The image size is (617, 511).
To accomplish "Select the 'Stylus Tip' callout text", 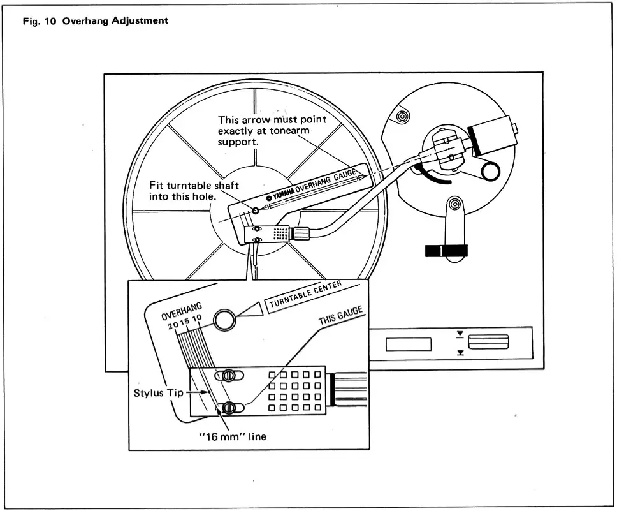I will click(158, 392).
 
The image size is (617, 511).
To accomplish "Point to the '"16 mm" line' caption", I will click(232, 437).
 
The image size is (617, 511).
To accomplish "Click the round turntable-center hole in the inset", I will click(224, 320).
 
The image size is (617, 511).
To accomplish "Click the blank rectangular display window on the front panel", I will click(408, 344).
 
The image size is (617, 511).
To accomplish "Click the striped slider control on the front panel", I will click(489, 343).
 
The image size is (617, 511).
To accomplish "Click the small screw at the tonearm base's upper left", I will click(402, 117).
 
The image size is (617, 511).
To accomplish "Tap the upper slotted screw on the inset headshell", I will click(228, 376).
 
